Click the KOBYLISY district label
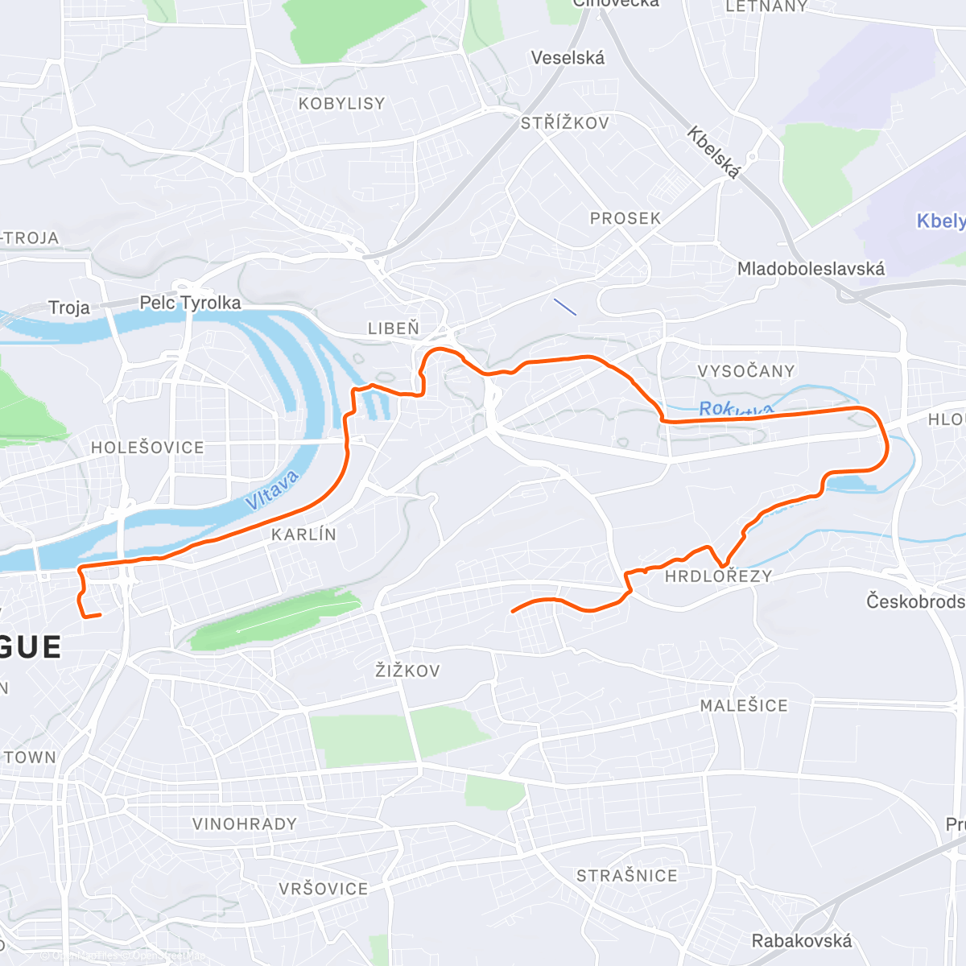341,104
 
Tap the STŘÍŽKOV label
564,123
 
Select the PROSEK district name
625,218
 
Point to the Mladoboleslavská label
811,269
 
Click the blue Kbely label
940,221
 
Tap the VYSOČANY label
745,371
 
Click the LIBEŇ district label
394,328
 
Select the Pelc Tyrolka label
190,303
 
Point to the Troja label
68,308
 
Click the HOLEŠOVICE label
147,448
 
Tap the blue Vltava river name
272,489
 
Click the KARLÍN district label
303,535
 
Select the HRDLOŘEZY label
718,576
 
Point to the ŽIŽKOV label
407,671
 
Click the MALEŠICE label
743,706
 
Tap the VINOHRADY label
245,824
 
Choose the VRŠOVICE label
323,889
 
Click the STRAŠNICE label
626,876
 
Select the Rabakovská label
801,940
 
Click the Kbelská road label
712,152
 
